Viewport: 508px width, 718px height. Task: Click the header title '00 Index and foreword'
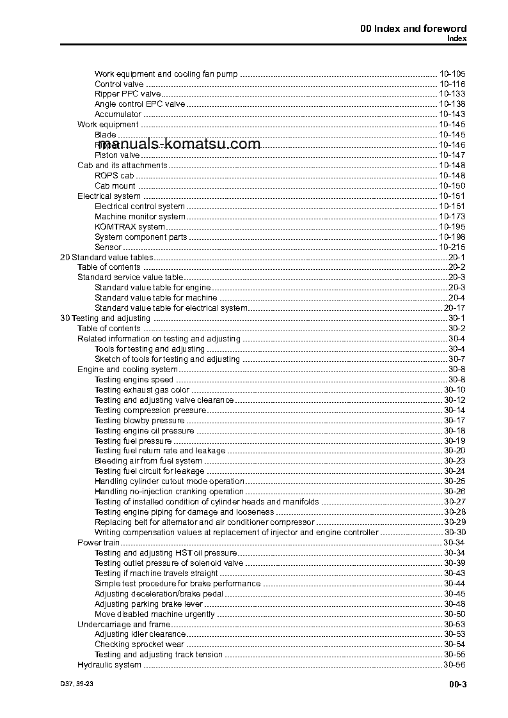(413, 28)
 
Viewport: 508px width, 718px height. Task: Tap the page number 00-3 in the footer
(457, 685)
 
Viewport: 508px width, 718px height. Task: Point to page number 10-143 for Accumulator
(452, 114)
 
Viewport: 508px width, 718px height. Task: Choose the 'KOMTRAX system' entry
(129, 227)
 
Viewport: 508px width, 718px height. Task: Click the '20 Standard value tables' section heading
(106, 257)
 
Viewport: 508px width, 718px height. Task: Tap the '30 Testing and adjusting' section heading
(105, 318)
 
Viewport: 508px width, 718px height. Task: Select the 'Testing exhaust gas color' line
(141, 390)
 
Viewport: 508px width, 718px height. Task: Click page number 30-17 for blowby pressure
(454, 421)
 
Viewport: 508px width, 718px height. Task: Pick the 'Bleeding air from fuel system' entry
(148, 461)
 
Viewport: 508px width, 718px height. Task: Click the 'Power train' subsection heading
(99, 543)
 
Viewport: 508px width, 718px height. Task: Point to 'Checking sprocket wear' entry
(139, 644)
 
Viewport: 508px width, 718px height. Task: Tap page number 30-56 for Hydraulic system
(454, 665)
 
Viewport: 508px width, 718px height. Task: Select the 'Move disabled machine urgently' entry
(154, 614)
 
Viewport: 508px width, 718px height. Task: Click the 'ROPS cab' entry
(114, 176)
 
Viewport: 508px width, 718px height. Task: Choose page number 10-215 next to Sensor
(452, 247)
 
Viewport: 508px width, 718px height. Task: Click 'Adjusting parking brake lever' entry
(148, 604)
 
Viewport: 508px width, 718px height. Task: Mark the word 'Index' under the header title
(456, 38)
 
